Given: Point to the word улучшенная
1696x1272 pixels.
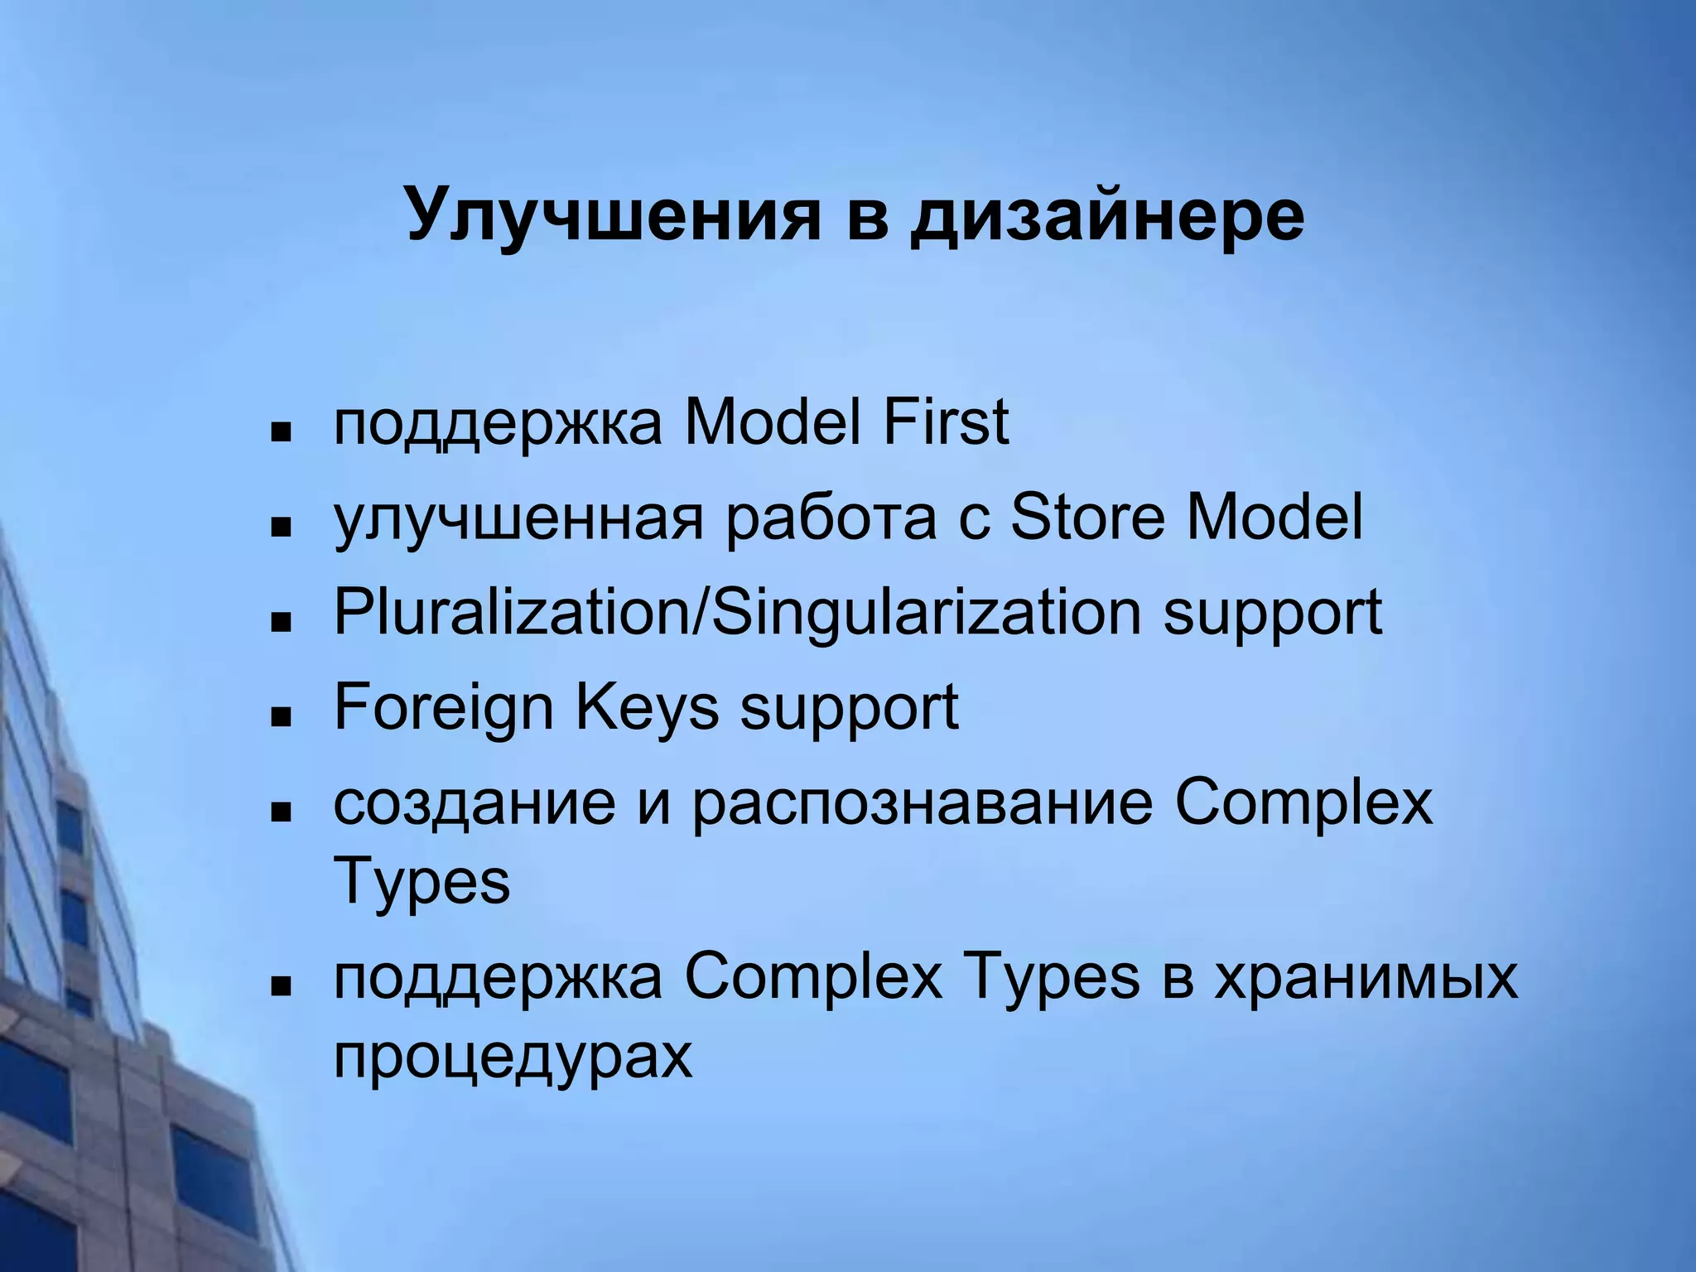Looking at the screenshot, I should click(518, 518).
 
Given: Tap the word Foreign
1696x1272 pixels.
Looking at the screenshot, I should click(443, 708).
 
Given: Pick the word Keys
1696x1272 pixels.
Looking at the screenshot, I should click(647, 708).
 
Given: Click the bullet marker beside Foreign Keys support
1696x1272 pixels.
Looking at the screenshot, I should click(282, 715).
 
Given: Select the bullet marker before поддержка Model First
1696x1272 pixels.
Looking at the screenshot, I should click(282, 431).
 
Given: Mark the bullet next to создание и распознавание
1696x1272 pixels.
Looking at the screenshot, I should click(282, 812).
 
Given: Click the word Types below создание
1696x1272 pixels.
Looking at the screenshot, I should click(422, 883).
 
